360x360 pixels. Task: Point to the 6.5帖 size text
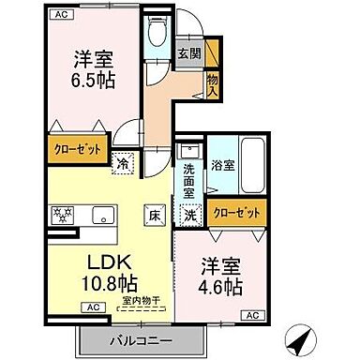point(95,80)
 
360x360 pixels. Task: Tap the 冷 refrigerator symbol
point(124,162)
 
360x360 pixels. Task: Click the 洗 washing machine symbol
point(191,214)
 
